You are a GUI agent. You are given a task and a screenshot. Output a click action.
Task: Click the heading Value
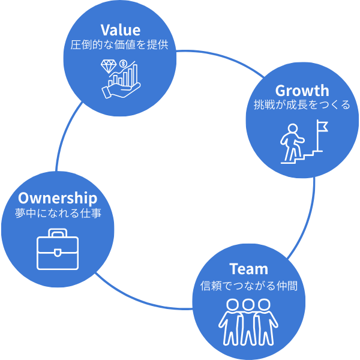[120, 30]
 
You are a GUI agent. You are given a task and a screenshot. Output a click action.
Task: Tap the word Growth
[302, 91]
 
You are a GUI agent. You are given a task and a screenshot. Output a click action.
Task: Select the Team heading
[248, 269]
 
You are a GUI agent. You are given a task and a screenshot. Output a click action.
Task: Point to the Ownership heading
[58, 198]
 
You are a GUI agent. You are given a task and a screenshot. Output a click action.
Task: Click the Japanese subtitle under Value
[120, 45]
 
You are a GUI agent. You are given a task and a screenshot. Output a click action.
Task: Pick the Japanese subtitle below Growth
[302, 106]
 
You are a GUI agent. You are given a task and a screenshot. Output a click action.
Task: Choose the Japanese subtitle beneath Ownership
[58, 213]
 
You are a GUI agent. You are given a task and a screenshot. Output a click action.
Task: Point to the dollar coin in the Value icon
[124, 64]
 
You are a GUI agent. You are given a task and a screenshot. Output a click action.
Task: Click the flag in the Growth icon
[322, 127]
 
